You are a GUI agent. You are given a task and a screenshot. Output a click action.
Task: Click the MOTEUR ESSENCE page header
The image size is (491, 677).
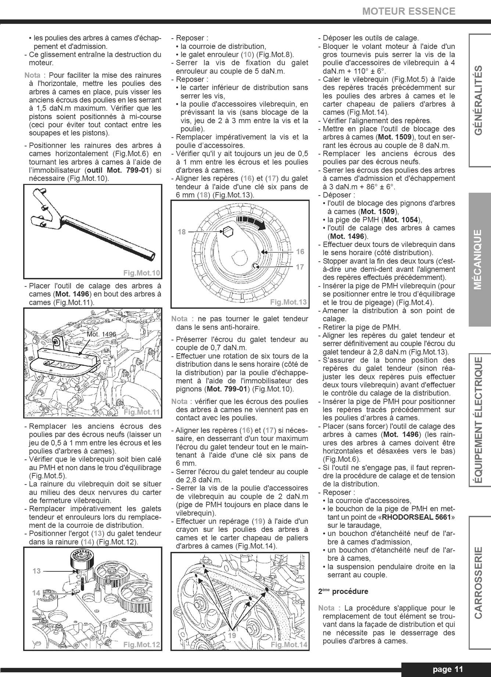click(409, 11)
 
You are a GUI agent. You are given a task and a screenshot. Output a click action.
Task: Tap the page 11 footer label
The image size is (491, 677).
click(448, 669)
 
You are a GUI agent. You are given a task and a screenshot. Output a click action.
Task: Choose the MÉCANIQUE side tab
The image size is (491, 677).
click(478, 259)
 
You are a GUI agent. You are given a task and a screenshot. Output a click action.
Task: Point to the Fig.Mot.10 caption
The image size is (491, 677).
click(141, 273)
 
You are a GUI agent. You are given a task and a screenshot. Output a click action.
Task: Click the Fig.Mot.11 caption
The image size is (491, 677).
click(142, 412)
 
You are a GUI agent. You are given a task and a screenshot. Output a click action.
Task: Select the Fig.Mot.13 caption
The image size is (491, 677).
click(288, 302)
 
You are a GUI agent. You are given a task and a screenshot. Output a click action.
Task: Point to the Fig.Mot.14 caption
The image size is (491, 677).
click(289, 644)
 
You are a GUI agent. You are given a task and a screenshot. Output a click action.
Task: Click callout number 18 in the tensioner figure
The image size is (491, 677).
click(182, 232)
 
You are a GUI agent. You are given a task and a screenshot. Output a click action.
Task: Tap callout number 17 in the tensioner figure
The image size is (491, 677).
click(300, 267)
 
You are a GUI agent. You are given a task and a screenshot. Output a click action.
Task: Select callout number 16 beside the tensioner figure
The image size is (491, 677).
click(300, 251)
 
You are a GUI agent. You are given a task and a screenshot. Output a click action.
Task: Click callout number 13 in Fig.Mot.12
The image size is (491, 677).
click(36, 571)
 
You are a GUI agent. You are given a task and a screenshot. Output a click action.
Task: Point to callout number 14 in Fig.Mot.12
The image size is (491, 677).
click(36, 593)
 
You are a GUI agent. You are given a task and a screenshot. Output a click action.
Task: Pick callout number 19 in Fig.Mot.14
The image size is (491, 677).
click(232, 635)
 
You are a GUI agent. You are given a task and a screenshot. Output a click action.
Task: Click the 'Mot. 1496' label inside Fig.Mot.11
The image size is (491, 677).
click(101, 334)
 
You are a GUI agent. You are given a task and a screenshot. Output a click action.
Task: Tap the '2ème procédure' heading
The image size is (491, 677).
click(343, 591)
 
